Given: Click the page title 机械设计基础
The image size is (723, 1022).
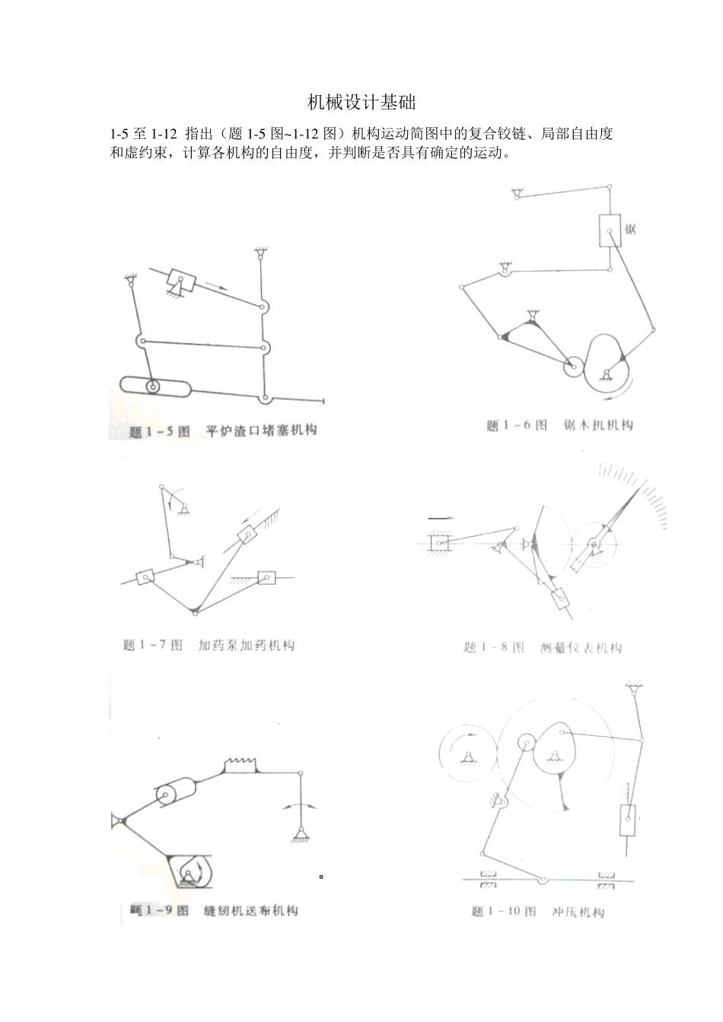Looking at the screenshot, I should [x=361, y=103].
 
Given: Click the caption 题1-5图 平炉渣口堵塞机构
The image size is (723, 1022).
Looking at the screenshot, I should [x=223, y=431].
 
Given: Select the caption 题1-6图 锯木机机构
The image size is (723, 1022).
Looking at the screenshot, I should [x=559, y=425].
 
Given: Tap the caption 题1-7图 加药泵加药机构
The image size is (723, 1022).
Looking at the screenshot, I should [x=209, y=646].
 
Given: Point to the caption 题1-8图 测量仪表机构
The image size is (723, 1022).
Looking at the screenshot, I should [x=543, y=648].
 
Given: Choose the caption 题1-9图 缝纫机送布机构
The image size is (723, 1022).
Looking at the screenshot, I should [x=214, y=910].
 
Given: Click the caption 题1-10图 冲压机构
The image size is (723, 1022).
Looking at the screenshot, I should [x=537, y=911].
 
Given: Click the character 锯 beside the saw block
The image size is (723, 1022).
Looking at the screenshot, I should [x=630, y=228].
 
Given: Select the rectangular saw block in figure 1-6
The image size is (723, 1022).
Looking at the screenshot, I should [x=610, y=230].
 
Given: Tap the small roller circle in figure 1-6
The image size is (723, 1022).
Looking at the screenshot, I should [x=573, y=367].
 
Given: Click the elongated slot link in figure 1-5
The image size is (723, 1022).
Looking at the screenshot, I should [x=155, y=386].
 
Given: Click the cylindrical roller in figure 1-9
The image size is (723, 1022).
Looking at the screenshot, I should [x=176, y=793].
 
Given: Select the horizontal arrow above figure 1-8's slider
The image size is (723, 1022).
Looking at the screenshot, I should [x=440, y=518].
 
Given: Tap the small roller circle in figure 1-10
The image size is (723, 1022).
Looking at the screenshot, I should [x=526, y=743].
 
